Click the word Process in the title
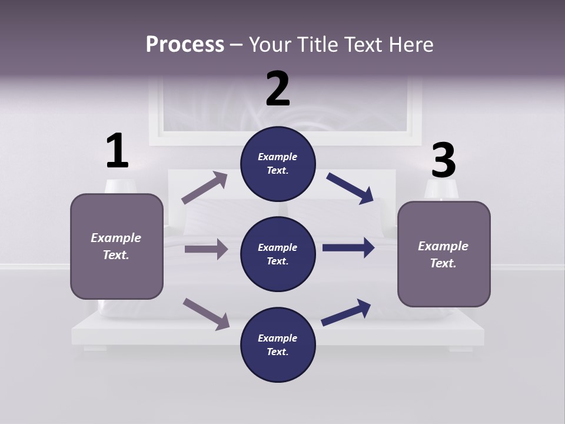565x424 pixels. [185, 44]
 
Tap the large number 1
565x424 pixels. [117, 151]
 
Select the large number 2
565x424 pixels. [278, 88]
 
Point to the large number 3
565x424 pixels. [443, 161]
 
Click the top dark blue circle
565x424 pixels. [278, 164]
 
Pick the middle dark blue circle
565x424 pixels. [278, 254]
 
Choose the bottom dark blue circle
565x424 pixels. [278, 345]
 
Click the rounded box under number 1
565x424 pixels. [117, 246]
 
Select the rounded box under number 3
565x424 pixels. [444, 254]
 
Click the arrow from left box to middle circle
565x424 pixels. [206, 249]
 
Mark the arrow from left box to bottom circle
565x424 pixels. [206, 313]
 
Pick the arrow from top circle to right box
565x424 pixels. [350, 188]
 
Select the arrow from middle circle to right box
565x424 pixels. [348, 248]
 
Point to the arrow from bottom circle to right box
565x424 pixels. [346, 313]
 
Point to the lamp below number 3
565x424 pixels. [441, 190]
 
